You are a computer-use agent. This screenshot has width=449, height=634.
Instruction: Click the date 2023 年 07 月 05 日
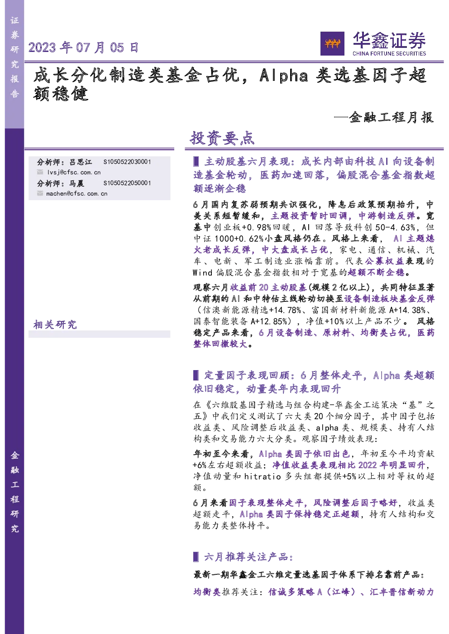click(x=83, y=47)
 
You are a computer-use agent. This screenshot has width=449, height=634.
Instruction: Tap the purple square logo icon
click(x=332, y=43)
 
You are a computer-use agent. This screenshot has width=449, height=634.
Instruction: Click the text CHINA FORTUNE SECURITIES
click(x=389, y=53)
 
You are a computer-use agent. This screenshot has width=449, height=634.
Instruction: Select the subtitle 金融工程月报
click(x=391, y=117)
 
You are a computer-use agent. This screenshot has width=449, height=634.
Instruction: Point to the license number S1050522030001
click(x=127, y=162)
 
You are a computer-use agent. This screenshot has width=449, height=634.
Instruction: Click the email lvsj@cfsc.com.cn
click(x=74, y=172)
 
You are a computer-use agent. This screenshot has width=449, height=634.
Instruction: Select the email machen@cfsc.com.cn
click(x=77, y=193)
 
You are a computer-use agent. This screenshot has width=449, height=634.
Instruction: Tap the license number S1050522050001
click(x=127, y=183)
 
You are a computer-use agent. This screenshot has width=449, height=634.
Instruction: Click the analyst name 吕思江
click(x=81, y=162)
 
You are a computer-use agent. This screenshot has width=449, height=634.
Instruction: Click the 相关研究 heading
click(x=55, y=324)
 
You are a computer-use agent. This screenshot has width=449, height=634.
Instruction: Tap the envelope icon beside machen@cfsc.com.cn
click(x=40, y=193)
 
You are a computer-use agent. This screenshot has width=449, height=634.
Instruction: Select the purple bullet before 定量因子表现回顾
click(x=196, y=375)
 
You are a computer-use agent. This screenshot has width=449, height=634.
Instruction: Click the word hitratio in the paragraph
click(x=263, y=476)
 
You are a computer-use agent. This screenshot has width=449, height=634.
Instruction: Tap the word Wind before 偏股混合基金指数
click(x=202, y=272)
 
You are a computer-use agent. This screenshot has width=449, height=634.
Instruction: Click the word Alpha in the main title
click(x=284, y=76)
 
